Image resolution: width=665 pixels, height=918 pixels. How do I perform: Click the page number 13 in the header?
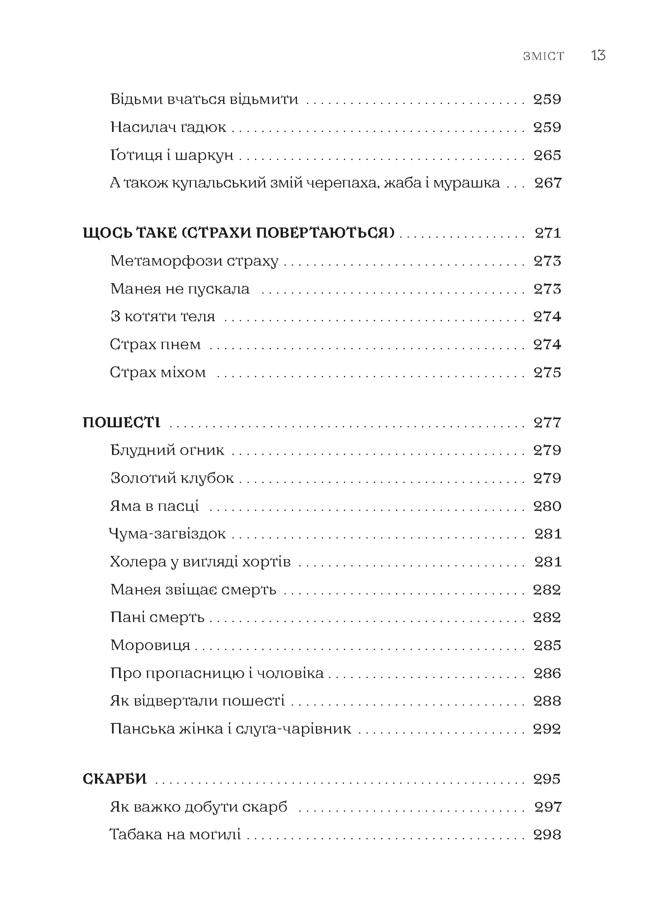[x=598, y=55]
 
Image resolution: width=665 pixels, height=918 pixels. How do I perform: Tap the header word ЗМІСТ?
[x=543, y=56]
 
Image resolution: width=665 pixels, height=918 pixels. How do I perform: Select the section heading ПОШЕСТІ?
[x=121, y=422]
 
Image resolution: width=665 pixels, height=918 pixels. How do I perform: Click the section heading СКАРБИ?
[x=115, y=779]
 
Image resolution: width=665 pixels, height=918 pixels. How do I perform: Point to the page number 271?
[x=548, y=233]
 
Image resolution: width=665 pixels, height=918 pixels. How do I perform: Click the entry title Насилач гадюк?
[x=168, y=128]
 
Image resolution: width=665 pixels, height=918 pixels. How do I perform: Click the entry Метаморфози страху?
[x=194, y=261]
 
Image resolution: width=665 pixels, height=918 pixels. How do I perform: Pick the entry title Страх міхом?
[x=158, y=373]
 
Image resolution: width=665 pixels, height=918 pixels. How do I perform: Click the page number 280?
[x=547, y=506]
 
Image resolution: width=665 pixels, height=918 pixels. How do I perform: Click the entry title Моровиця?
[x=150, y=646]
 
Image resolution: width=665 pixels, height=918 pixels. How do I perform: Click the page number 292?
[x=547, y=729]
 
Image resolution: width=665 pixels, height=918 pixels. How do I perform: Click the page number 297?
[x=548, y=807]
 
